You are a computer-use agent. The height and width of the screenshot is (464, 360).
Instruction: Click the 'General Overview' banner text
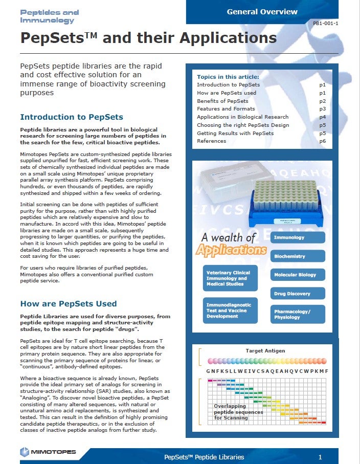point(262,11)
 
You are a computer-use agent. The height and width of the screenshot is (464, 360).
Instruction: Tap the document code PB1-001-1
point(325,24)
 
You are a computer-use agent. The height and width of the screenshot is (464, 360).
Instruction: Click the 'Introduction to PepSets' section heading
point(71,117)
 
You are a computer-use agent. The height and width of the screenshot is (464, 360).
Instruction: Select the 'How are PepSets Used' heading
point(68,304)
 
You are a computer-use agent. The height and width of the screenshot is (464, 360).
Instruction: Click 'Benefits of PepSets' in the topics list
point(222,101)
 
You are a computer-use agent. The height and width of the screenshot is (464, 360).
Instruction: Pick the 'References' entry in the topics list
point(211,141)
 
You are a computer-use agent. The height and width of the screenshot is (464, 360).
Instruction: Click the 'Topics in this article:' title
point(228,77)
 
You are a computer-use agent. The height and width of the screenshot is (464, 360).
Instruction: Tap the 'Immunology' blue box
point(298,237)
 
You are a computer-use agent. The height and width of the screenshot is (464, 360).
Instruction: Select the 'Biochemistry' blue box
point(298,256)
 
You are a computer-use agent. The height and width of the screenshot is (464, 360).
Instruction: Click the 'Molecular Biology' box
point(298,275)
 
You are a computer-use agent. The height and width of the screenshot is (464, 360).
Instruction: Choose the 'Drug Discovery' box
point(298,294)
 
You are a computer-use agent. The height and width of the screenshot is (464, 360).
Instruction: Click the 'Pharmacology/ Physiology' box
point(298,314)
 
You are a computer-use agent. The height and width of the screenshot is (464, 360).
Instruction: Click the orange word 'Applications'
point(232,250)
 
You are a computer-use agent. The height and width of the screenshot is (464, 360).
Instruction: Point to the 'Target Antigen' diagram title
point(265,351)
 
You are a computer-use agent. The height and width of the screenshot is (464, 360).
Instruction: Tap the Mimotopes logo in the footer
point(48,452)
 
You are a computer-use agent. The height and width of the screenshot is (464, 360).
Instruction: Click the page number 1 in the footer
point(320,457)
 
